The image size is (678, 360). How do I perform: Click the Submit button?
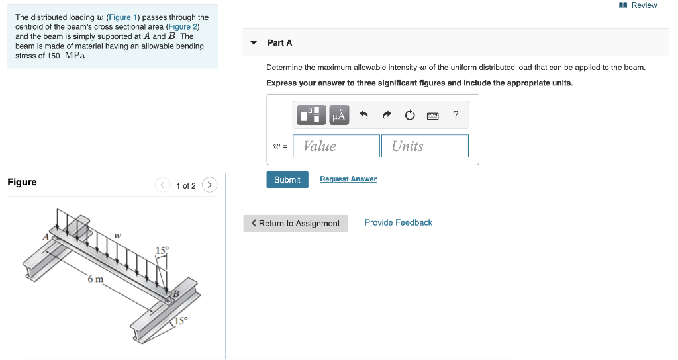coord(287,179)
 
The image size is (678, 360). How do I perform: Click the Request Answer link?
coord(348,179)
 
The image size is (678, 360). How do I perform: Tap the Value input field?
coord(338,146)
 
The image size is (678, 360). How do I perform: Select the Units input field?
coord(424,146)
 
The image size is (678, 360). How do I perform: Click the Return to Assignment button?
coord(295,224)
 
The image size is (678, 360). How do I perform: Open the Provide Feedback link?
coord(398,222)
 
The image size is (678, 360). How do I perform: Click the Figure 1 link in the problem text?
coord(123,17)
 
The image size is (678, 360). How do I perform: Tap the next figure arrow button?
coord(209,185)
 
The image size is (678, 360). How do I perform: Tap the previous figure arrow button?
coord(162,185)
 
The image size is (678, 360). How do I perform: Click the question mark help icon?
coord(456,115)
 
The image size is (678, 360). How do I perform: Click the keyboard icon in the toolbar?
coord(432,116)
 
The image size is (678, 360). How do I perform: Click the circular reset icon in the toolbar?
coord(410,116)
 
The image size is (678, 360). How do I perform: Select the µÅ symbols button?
coord(339,115)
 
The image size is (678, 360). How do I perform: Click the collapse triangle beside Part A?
coord(254,43)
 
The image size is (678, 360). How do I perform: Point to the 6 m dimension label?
coord(95,279)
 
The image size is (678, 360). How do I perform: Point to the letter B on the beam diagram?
coord(176,294)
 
